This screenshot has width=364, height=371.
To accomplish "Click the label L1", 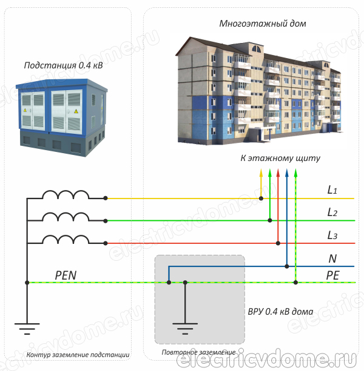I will (x=332, y=190).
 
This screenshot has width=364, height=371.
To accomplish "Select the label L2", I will (x=332, y=212).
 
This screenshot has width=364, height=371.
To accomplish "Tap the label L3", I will (x=332, y=235).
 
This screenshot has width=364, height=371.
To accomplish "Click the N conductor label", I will (x=332, y=258).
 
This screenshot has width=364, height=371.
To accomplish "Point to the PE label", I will (x=332, y=275).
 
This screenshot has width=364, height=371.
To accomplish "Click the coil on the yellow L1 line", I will (x=65, y=194).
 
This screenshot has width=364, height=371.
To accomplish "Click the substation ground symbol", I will (x=26, y=329).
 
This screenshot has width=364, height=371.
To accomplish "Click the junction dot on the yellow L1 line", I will (x=261, y=198).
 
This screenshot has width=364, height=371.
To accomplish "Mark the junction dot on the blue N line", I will (x=286, y=265).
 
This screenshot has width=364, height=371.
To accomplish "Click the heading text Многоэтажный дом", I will (x=263, y=24).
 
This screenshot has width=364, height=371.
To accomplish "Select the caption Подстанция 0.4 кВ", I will (x=63, y=65).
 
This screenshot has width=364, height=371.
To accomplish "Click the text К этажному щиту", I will (x=280, y=158).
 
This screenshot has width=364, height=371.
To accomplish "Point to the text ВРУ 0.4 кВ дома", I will (x=280, y=312).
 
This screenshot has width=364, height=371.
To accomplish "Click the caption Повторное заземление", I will (x=198, y=352).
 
